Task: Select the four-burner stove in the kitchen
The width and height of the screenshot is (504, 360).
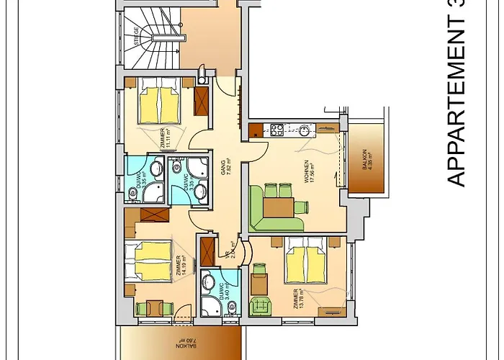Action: tap(276, 130)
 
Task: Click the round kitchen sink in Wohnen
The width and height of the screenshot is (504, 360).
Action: tap(305, 130)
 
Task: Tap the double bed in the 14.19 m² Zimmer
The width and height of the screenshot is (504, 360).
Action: tap(148, 260)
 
